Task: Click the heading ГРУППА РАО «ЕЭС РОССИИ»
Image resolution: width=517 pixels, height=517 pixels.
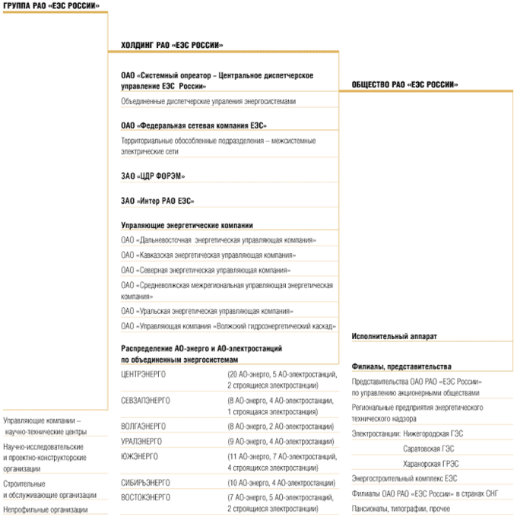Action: pos(50,6)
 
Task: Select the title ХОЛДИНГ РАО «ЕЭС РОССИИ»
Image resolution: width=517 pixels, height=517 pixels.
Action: pos(172,46)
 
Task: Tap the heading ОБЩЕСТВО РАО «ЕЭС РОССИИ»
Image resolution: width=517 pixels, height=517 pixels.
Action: pos(404,84)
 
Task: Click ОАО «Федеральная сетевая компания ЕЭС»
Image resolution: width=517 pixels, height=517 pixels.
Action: pos(194,125)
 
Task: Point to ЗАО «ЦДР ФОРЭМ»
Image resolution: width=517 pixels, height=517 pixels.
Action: pos(153,176)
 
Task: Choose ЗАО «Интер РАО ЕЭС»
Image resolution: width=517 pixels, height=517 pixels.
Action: pos(157,201)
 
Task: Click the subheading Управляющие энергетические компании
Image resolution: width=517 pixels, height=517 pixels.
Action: pos(187,226)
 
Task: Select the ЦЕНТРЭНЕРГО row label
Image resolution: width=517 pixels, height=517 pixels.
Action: pos(144,375)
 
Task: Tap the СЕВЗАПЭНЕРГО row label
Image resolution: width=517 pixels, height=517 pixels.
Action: pos(146,400)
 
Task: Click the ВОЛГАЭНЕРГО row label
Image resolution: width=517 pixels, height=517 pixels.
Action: pos(144,426)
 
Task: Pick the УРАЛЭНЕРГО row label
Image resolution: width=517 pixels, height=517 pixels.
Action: pos(141,440)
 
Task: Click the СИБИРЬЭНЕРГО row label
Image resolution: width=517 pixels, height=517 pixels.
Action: pos(146,482)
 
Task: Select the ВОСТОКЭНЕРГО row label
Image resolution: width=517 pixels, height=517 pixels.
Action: pos(146,496)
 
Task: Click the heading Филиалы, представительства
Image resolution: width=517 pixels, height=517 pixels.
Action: pos(401,366)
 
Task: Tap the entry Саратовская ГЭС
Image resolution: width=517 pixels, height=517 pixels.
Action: pos(428,449)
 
